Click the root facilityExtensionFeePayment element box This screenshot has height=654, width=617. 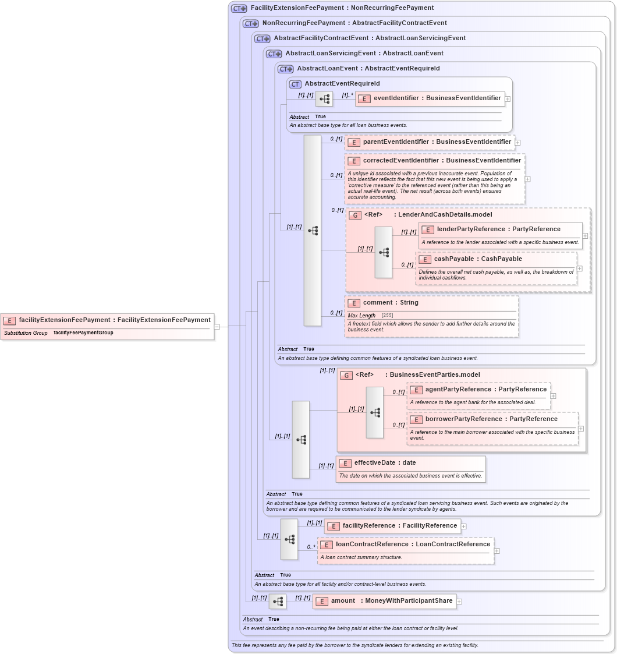(108, 320)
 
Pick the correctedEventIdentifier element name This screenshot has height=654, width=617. (441, 161)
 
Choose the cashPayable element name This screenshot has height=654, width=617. (477, 259)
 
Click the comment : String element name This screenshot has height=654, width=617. (390, 303)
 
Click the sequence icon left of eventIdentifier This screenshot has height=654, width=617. (324, 99)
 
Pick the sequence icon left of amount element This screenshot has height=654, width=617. (278, 602)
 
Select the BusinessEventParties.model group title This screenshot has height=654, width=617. (434, 375)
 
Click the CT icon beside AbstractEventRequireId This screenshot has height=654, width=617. (295, 84)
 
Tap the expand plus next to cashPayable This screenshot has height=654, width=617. (579, 268)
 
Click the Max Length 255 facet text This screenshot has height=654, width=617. (370, 316)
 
